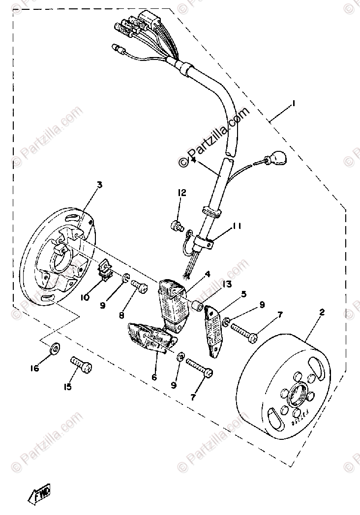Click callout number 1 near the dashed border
[294, 104]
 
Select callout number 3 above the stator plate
[99, 185]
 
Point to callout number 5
[243, 294]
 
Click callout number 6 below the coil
[154, 377]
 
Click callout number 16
[35, 368]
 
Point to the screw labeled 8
[139, 288]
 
